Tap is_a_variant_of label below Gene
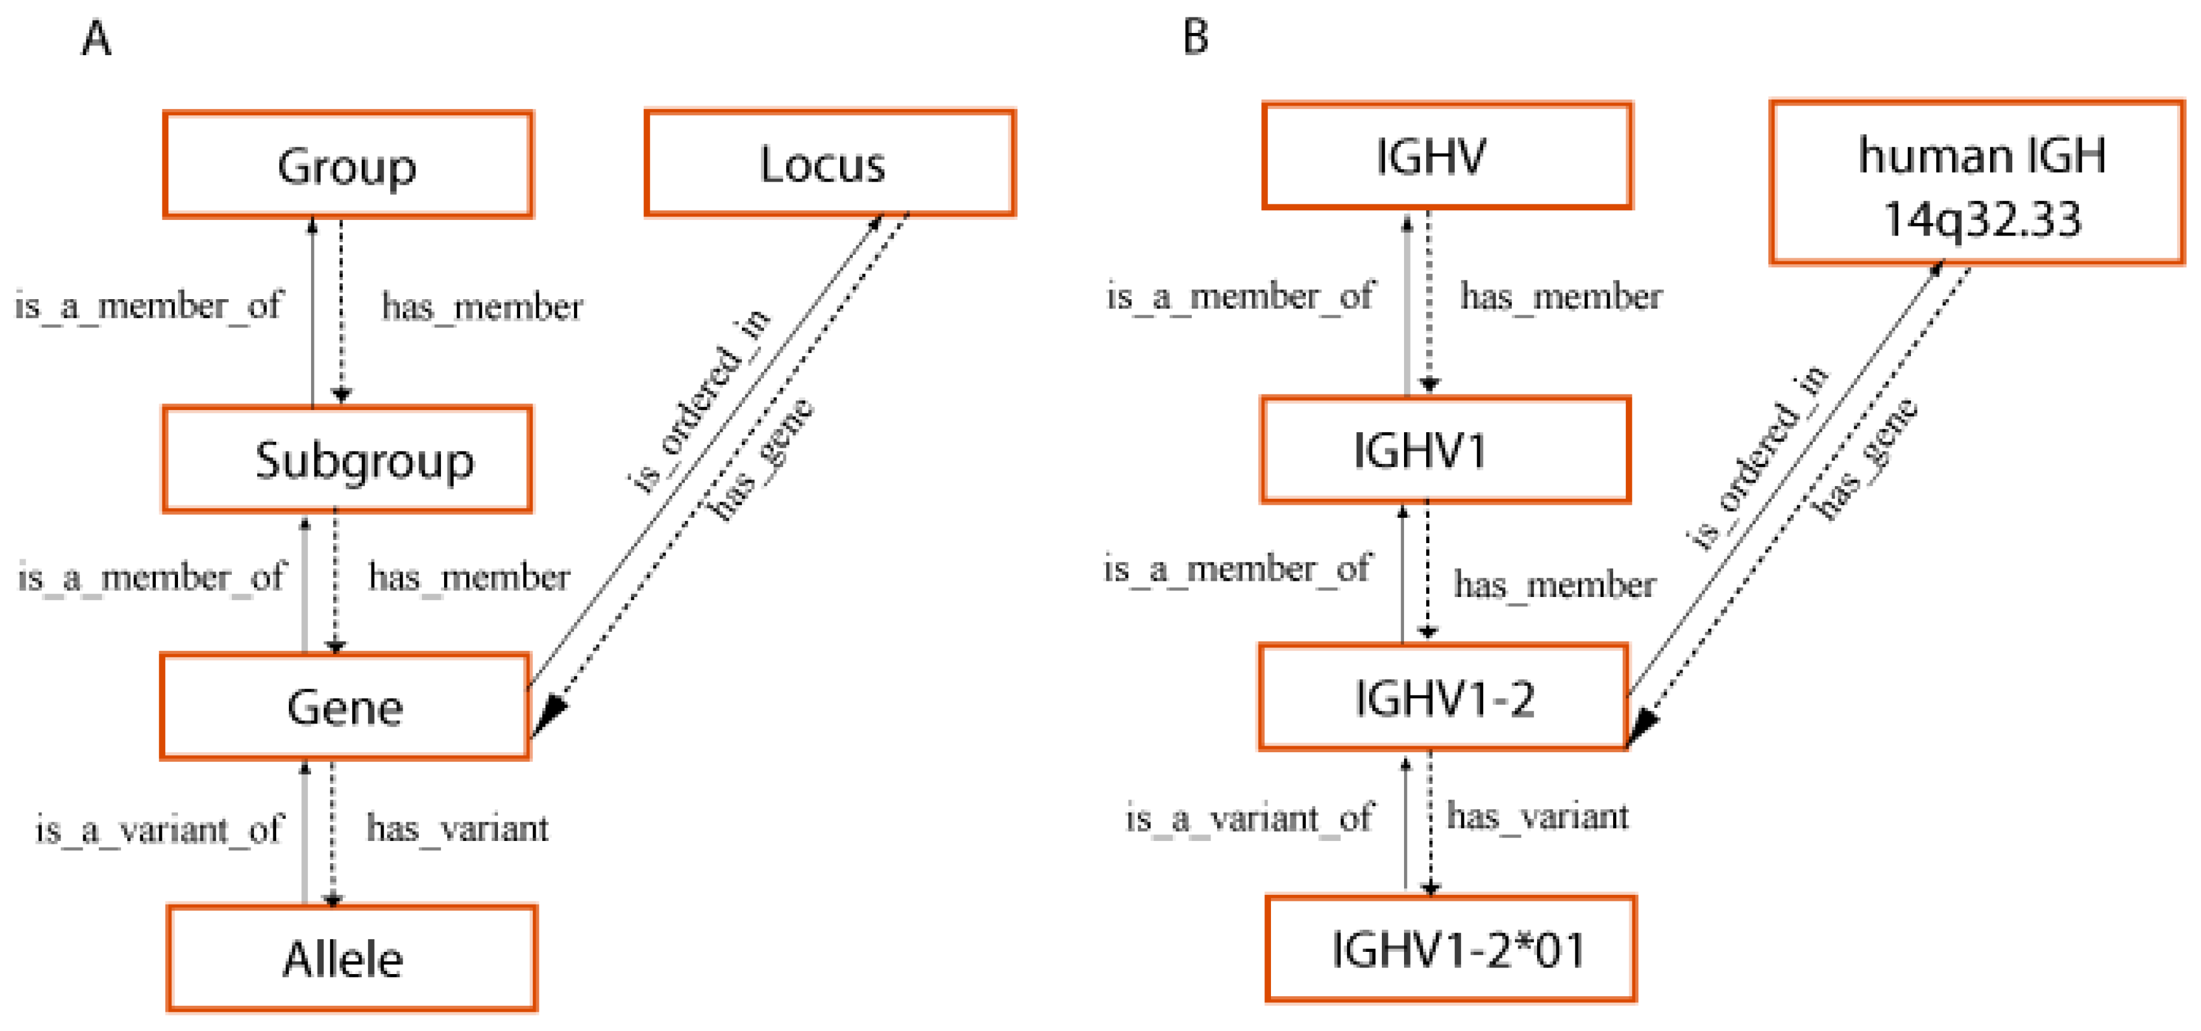159,829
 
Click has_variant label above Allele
458,828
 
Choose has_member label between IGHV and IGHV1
1561,297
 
